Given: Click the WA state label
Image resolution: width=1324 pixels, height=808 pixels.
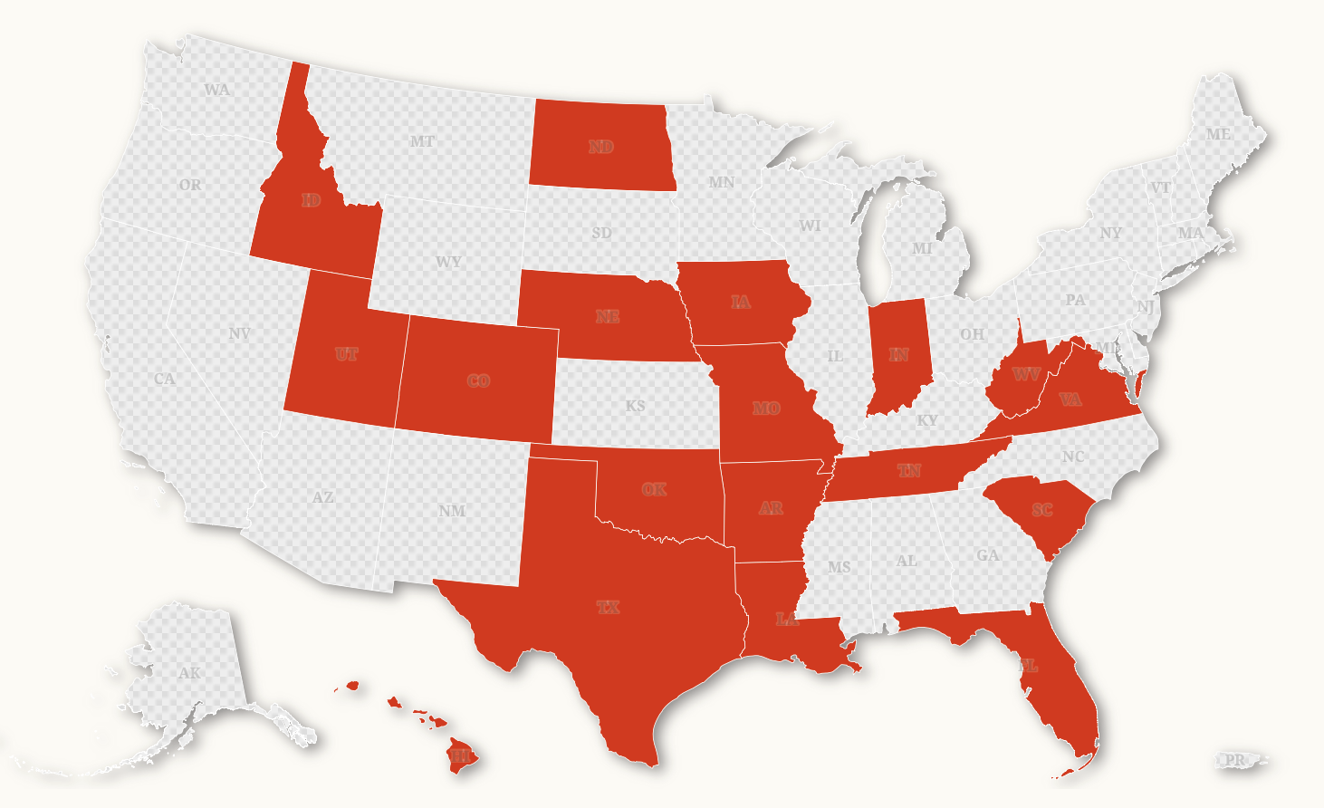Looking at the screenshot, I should tap(216, 90).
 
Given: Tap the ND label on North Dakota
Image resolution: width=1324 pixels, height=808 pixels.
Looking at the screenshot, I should tap(601, 147).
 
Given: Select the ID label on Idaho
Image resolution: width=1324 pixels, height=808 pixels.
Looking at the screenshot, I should tap(312, 200).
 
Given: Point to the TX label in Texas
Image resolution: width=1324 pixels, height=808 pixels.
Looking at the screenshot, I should tap(609, 607).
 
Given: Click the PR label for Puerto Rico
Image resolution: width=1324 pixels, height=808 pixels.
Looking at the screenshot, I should tap(1235, 760).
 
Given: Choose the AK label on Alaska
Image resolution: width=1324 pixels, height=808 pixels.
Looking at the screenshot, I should tap(189, 673).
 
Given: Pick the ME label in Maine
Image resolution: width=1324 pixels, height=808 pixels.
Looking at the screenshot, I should tap(1218, 134).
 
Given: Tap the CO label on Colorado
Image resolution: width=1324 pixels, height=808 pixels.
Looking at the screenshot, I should tap(478, 381).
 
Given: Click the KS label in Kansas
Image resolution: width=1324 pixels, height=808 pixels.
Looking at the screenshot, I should tap(636, 406).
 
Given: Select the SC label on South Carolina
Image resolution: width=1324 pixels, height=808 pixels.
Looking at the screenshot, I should tap(1042, 510).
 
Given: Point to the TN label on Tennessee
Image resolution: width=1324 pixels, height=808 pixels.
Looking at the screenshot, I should tap(909, 470).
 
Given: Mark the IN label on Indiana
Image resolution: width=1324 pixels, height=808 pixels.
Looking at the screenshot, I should tap(898, 354).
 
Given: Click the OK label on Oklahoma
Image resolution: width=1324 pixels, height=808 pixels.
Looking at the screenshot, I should tap(654, 489).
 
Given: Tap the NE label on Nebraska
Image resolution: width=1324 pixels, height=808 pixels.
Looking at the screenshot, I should tap(608, 316).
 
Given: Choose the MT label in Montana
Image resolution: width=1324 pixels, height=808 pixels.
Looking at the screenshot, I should tap(422, 141).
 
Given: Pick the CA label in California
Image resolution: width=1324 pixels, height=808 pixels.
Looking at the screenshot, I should tap(165, 379).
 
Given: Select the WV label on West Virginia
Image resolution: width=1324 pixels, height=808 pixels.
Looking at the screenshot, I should tap(1026, 374).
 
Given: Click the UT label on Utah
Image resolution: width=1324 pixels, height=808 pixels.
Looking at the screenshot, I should tap(346, 354).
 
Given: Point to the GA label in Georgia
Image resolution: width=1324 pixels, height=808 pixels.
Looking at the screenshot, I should tap(988, 555).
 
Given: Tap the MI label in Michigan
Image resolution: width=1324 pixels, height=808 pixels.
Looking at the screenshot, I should tap(922, 248).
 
